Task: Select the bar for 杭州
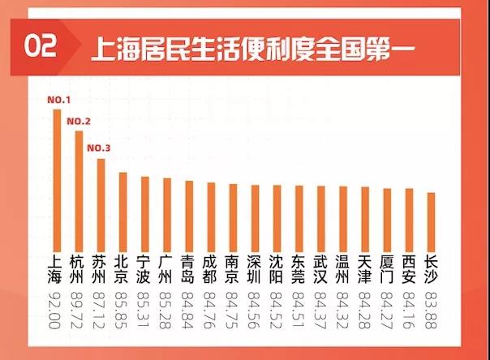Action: tap(79, 189)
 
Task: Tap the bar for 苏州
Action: tap(101, 203)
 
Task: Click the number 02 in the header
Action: tap(41, 46)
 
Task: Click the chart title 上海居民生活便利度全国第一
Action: tap(253, 47)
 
